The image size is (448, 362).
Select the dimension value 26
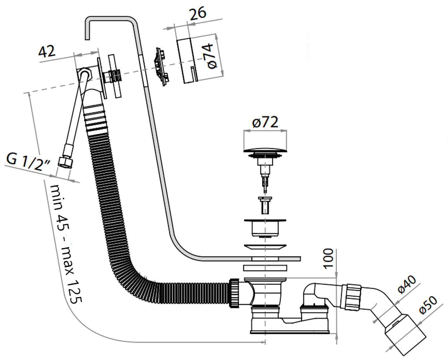pyautogui.click(x=197, y=13)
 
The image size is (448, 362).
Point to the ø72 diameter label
pyautogui.click(x=265, y=122)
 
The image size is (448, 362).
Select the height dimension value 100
pyautogui.click(x=328, y=258)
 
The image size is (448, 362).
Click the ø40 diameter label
pyautogui.click(x=407, y=284)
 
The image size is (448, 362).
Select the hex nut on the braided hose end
pyautogui.click(x=64, y=163)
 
